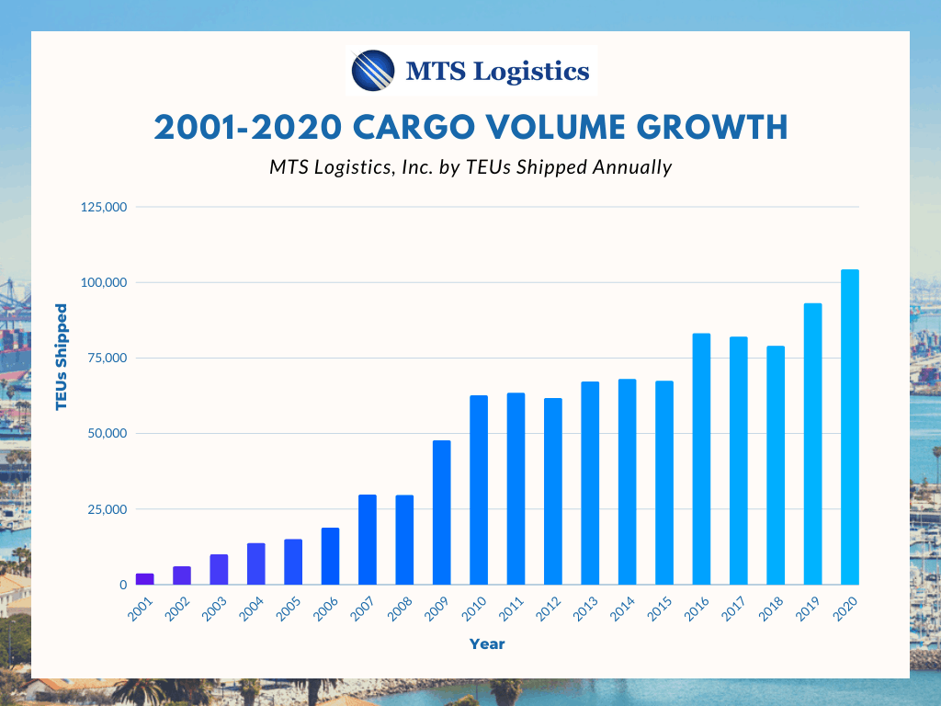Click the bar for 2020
pos(850,427)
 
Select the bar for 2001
pos(145,579)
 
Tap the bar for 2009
pos(442,513)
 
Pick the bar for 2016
pos(701,459)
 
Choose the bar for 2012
pos(553,491)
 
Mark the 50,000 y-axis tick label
pos(106,433)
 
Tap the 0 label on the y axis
pos(121,585)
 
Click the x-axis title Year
pos(487,644)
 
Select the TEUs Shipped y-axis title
pos(62,356)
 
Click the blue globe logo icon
pos(373,71)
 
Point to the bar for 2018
pos(776,465)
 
